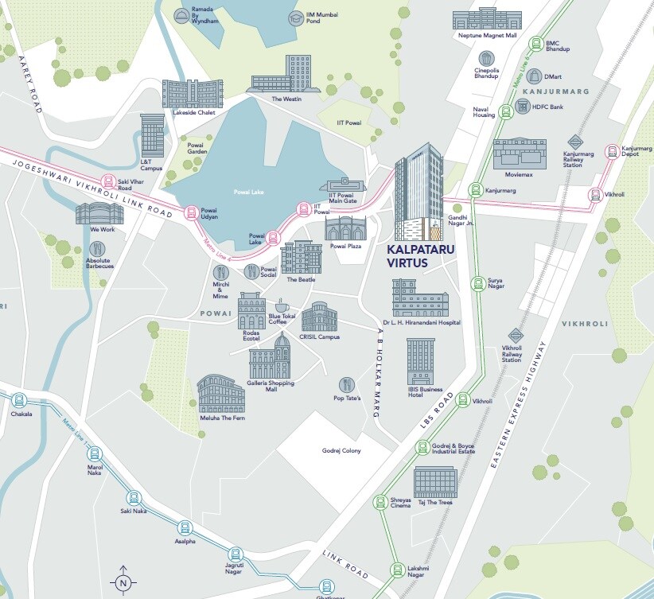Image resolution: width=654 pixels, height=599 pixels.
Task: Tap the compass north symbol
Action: (123, 581)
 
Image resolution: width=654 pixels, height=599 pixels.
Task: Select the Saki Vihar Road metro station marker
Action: (108, 181)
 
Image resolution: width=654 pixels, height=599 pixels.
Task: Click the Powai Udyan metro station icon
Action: (190, 212)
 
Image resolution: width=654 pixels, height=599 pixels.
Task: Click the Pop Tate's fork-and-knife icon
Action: (346, 384)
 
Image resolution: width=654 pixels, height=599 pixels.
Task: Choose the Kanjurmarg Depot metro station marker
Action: (611, 152)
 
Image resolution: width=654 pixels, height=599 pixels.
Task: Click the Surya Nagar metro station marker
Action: (477, 283)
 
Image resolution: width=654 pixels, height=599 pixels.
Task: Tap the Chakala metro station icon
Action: (18, 401)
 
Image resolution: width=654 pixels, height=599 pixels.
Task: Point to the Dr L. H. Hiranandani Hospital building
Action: (420, 299)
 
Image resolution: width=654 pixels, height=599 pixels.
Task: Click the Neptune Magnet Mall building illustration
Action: (488, 20)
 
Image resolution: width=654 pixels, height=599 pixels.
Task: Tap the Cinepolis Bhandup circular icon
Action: (485, 58)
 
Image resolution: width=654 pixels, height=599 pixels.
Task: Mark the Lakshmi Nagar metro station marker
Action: (397, 569)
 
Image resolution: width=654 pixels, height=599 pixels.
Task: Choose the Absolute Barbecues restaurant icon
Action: (99, 249)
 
